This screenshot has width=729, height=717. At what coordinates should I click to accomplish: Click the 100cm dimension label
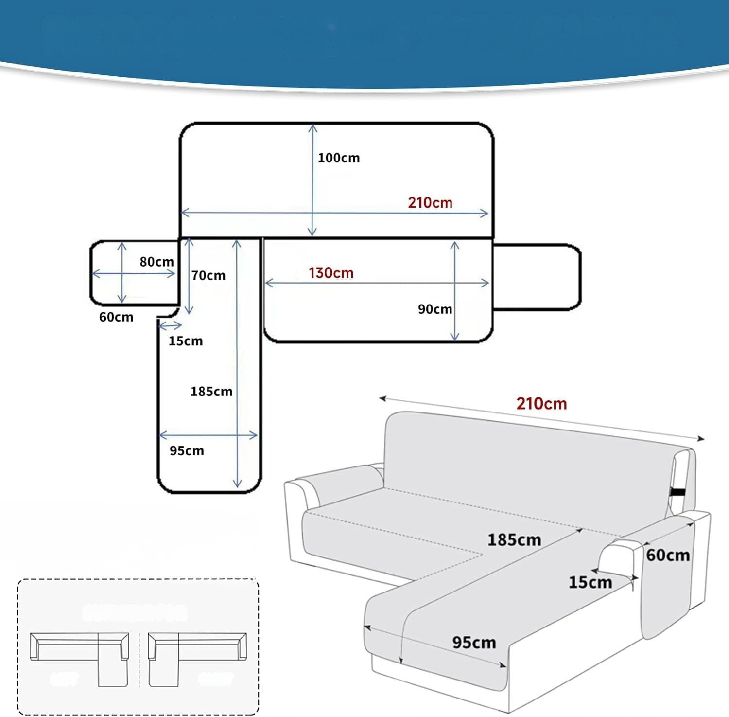coord(338,158)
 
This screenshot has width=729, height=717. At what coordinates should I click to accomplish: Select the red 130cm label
coord(330,273)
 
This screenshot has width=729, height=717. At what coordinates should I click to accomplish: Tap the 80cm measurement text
coord(156,262)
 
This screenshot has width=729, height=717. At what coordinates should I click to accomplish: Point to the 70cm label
coord(208,276)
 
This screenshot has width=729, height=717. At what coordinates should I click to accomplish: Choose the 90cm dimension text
coord(434,309)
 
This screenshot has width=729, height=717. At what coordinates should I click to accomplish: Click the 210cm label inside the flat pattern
coord(430,202)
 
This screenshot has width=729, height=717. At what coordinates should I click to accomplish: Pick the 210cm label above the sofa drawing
coord(541,403)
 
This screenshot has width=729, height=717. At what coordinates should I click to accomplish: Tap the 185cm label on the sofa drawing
coord(514,539)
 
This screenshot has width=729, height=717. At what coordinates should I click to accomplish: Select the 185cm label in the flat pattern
coord(211,392)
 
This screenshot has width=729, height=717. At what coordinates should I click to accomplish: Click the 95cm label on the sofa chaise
coord(474,643)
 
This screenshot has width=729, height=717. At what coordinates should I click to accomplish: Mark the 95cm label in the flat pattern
coord(187,451)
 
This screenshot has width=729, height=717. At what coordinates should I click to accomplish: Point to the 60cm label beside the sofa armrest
coord(667,555)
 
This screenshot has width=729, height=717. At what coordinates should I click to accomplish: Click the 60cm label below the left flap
coord(116,317)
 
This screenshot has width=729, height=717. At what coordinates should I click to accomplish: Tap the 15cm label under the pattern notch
coord(185,341)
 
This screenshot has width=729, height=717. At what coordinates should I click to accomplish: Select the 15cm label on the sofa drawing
coord(590,582)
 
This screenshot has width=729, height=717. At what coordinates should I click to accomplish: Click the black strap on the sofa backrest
coord(676,494)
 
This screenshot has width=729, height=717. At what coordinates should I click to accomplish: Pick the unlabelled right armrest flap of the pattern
coord(537,277)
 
